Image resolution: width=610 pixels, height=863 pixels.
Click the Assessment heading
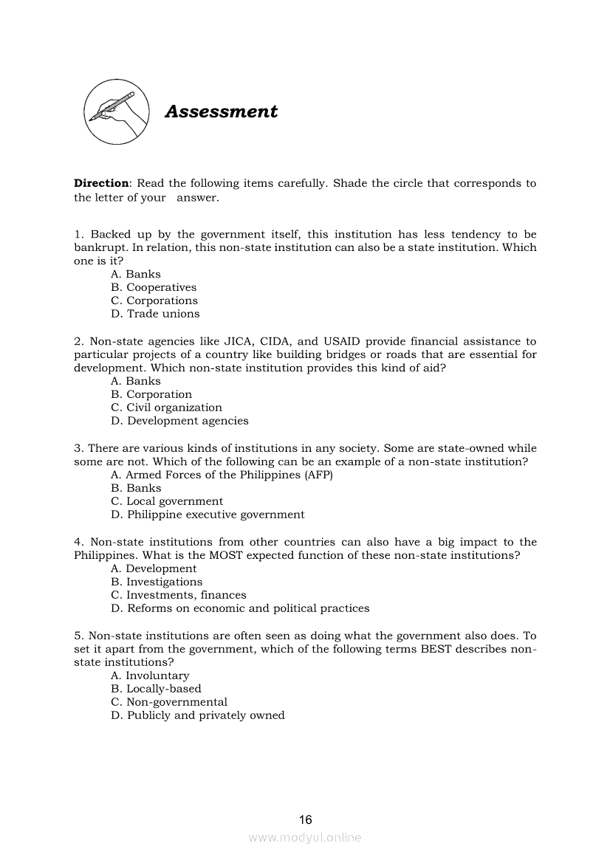click(221, 111)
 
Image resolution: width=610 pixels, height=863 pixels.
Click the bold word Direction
click(101, 183)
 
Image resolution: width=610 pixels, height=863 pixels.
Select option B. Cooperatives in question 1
click(154, 287)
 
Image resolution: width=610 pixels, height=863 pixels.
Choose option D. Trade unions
click(155, 314)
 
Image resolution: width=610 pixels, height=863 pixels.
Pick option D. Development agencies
click(179, 421)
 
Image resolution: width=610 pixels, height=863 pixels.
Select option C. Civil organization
click(166, 408)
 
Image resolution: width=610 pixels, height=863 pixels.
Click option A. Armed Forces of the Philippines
click(222, 475)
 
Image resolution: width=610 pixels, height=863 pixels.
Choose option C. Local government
click(166, 501)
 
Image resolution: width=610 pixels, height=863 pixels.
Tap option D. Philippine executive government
click(208, 515)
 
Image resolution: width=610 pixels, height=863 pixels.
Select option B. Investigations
click(156, 582)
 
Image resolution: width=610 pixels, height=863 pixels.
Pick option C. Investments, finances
click(179, 595)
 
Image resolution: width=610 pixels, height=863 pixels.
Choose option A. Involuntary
click(150, 675)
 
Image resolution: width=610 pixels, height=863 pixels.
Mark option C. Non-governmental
click(169, 702)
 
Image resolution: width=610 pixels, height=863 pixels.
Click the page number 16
click(306, 819)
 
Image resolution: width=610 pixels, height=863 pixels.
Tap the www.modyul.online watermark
click(305, 838)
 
